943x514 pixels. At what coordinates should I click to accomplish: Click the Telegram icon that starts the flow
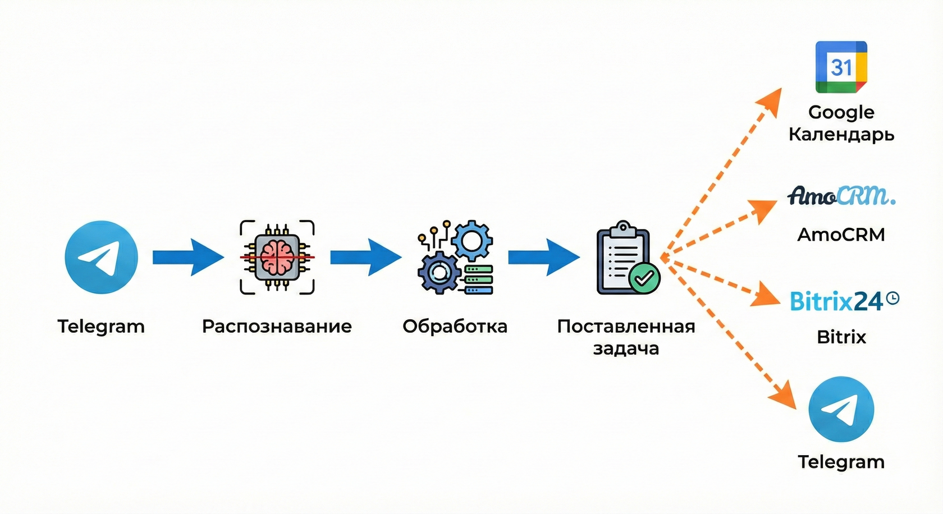101,257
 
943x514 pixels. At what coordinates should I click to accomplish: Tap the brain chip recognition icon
277,257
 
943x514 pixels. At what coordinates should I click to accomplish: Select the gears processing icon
455,257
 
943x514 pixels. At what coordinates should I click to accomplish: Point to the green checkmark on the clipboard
644,278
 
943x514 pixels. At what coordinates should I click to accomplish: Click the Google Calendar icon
841,67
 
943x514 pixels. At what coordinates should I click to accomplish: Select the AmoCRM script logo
841,195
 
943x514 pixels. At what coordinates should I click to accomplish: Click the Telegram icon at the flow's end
841,409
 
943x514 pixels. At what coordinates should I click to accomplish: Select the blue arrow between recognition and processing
365,257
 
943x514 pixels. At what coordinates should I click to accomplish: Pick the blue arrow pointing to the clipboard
543,257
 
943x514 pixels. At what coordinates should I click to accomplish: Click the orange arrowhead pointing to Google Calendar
770,102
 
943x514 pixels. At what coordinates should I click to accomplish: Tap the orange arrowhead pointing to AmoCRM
765,210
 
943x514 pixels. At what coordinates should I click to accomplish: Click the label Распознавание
277,326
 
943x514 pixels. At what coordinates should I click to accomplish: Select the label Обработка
455,326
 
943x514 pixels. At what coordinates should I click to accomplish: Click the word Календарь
841,135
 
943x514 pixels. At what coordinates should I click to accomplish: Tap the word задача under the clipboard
626,348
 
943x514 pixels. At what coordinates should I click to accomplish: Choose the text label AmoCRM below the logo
841,234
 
